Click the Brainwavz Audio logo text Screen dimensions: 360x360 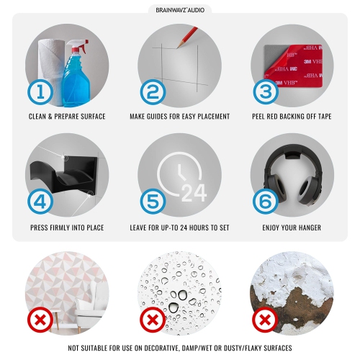coord(180,10)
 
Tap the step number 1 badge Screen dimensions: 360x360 coord(40,92)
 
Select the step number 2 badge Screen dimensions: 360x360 coord(153,92)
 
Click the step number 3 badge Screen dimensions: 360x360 coord(266,92)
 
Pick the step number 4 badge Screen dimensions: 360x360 coord(40,201)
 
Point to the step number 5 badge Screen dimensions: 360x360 coord(153,201)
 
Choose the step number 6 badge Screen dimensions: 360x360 coord(266,201)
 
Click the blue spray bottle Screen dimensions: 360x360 coord(76,73)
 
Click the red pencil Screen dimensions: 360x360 coord(187,37)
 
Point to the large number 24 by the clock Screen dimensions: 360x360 coord(194,193)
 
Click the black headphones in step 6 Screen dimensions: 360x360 coord(292,174)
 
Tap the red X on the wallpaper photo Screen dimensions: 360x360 coord(40,320)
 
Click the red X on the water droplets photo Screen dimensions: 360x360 coord(153,320)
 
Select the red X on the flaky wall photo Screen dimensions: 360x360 coord(265,320)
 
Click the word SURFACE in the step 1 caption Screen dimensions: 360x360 coord(93,117)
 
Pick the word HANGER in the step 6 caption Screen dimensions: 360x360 coord(309,228)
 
